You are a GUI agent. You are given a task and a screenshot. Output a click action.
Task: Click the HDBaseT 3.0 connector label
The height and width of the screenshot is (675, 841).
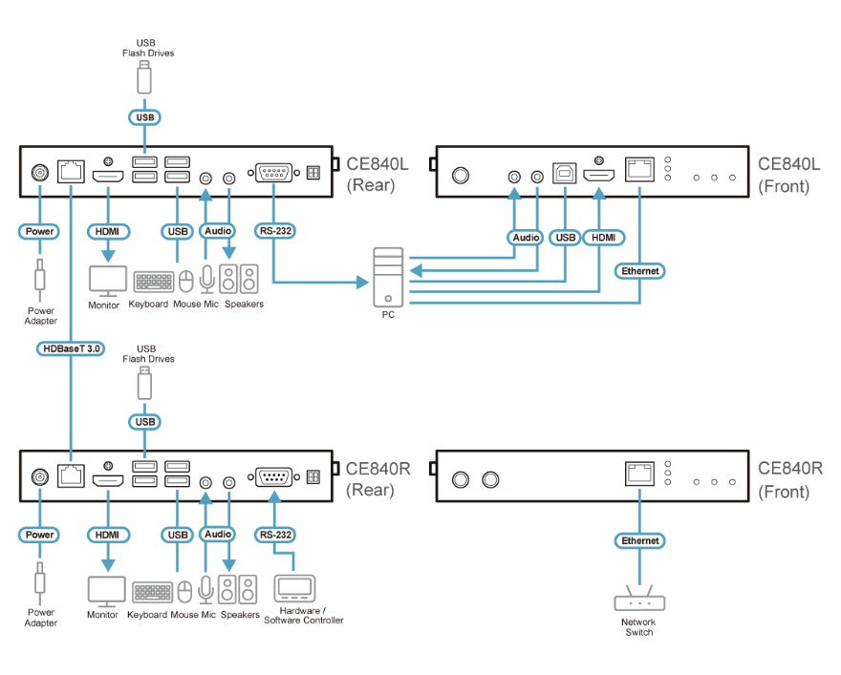(x=71, y=348)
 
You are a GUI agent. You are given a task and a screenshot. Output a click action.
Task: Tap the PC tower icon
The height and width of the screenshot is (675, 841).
(x=388, y=277)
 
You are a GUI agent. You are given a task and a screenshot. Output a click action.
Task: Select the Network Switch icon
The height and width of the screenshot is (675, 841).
(x=639, y=598)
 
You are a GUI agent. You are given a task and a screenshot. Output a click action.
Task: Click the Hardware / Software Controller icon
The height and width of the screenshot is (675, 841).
(x=294, y=589)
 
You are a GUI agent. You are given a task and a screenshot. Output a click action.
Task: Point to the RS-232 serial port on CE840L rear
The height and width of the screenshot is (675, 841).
(x=273, y=173)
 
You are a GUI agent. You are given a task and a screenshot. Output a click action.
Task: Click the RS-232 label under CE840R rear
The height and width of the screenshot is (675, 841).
(x=274, y=535)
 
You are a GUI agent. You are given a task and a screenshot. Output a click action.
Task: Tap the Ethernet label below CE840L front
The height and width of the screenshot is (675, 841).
(x=640, y=271)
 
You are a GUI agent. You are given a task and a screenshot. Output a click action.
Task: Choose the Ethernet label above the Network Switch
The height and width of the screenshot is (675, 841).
(x=640, y=541)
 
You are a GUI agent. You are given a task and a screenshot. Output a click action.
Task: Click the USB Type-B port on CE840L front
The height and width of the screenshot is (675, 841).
(x=565, y=173)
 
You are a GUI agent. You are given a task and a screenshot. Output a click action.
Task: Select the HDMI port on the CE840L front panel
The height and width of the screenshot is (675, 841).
(x=599, y=175)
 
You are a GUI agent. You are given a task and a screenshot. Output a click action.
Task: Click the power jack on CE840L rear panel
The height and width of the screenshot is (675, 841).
(x=40, y=173)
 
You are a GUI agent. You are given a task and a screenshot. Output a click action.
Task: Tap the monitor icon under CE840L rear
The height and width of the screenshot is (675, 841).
(x=108, y=281)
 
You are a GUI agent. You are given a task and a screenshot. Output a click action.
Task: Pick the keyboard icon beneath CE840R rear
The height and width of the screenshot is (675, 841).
(x=153, y=592)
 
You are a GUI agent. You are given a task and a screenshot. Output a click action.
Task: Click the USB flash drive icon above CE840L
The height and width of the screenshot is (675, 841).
(x=143, y=77)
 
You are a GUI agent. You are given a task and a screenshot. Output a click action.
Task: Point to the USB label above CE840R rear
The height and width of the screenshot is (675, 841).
(x=145, y=422)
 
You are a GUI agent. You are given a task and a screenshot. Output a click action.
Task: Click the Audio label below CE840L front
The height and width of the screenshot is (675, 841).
(x=526, y=238)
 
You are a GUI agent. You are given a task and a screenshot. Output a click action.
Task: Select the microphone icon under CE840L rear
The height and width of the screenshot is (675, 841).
(x=206, y=279)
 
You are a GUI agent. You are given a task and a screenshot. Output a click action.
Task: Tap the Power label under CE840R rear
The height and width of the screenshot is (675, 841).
(x=39, y=535)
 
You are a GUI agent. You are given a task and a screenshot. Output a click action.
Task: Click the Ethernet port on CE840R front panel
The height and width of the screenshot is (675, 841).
(x=639, y=474)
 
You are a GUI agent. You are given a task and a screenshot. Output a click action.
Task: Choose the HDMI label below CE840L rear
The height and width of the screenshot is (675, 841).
(x=108, y=231)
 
